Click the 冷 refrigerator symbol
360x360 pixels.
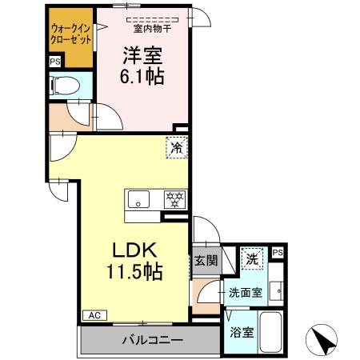point(177,147)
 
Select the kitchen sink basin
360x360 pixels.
point(138,199)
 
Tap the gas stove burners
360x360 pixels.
point(174,198)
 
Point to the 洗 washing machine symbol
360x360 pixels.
point(250,258)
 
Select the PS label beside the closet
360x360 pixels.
point(54,62)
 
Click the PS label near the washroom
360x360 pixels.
point(278,252)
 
